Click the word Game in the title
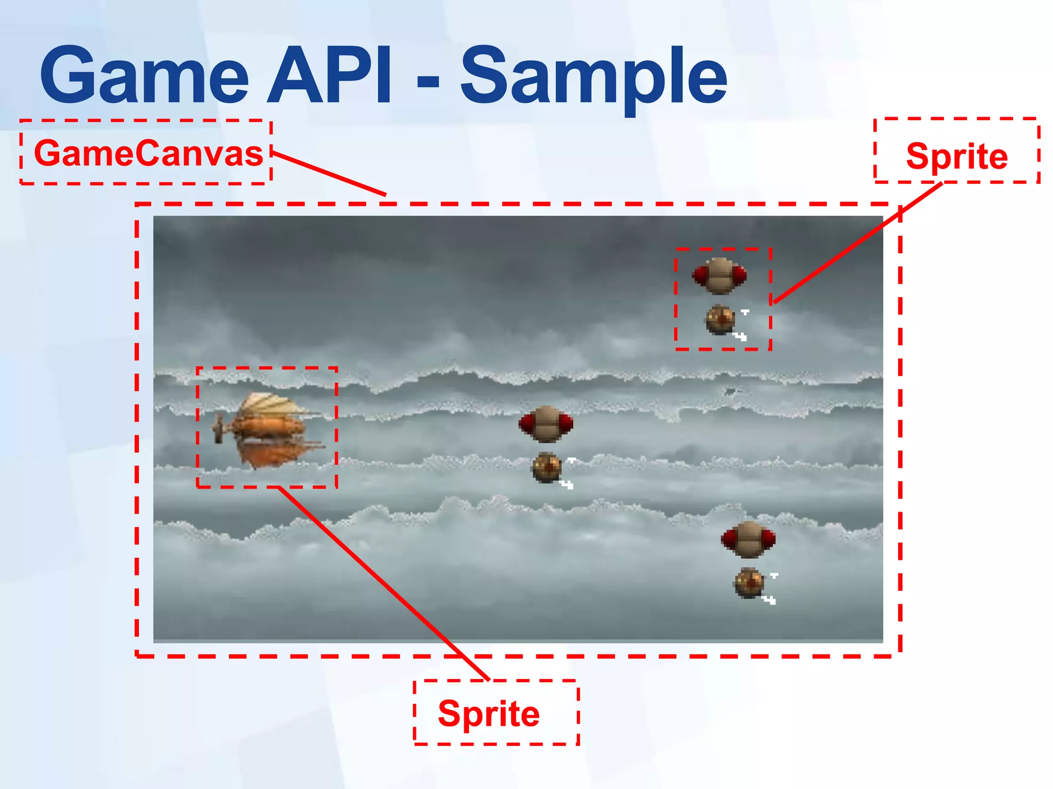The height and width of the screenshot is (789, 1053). coord(144,76)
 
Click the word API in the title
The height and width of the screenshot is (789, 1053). coord(329,76)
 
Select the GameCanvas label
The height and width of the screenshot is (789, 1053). coord(148,153)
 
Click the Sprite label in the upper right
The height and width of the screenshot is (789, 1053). coord(956,156)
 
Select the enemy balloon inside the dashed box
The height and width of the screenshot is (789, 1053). coord(719,276)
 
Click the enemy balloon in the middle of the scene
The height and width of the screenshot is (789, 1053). coord(546,424)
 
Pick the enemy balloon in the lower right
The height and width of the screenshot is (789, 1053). coord(748,539)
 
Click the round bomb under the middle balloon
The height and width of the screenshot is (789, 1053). coord(547,467)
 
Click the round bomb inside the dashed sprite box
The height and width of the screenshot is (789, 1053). coord(720,320)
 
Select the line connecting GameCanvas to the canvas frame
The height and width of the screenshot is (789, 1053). coord(329,174)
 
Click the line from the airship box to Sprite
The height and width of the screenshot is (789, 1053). coord(383,583)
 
